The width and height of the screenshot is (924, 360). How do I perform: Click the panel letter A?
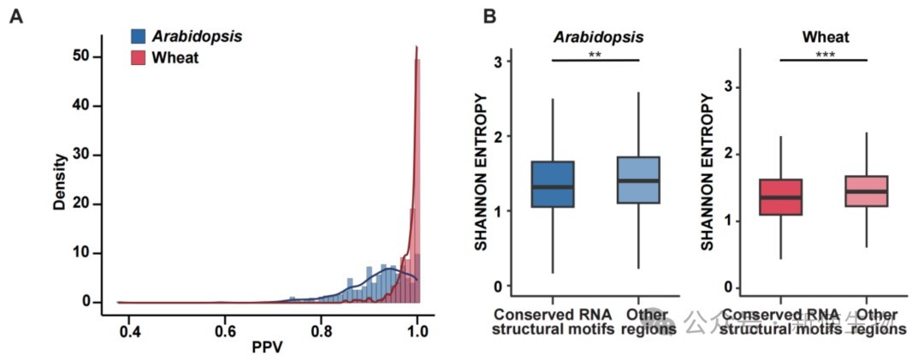(16, 16)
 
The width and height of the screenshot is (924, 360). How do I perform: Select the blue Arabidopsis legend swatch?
(138, 36)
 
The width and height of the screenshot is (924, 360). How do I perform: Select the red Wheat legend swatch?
(138, 58)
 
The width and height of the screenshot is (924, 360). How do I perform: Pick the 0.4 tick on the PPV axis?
(129, 328)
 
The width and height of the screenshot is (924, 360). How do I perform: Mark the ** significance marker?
(596, 54)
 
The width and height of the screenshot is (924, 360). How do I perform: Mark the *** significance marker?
(824, 54)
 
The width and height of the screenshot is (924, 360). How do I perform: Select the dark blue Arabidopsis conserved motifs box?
(553, 184)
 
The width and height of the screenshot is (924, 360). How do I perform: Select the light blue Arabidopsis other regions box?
(638, 180)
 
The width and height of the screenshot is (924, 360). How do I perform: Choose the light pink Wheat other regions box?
(866, 192)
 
